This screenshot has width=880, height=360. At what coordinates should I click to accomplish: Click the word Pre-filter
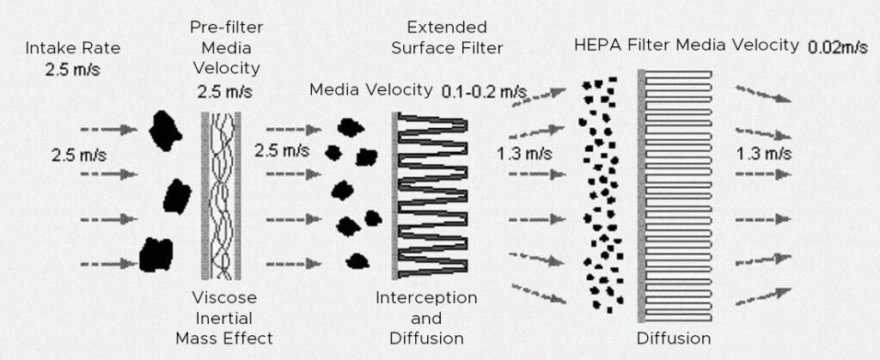226,27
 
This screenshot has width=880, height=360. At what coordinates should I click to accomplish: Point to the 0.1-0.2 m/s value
484,89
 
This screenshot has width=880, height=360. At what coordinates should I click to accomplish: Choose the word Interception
426,297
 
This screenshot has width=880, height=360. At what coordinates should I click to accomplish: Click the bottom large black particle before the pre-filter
156,254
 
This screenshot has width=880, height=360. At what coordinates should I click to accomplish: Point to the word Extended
447,27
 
